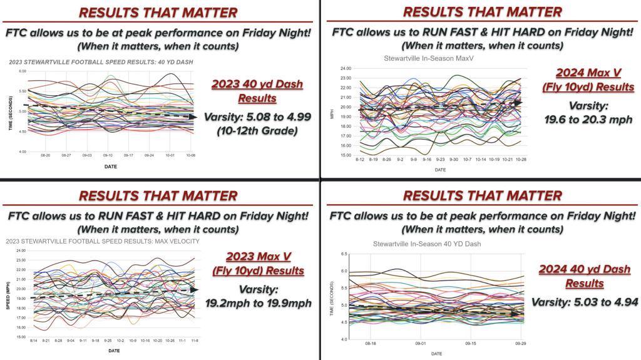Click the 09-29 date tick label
[519, 344]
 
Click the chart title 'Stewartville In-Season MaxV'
[426, 58]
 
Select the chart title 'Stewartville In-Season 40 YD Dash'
[426, 244]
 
